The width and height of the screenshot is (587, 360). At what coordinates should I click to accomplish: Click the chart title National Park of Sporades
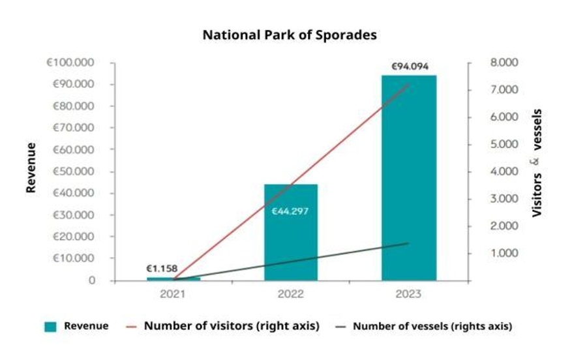coord(290,35)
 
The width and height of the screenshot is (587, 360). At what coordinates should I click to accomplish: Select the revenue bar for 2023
coord(408,176)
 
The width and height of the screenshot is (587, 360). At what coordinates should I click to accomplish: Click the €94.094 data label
coord(410,67)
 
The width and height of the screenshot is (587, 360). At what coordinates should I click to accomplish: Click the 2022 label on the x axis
coord(291,294)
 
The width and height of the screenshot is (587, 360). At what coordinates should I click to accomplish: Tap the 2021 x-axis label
coord(173,294)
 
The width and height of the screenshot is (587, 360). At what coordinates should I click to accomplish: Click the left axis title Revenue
coord(31,168)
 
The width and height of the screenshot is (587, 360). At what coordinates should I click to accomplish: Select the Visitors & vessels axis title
coord(537,163)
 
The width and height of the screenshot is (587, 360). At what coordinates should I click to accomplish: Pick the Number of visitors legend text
coord(232,326)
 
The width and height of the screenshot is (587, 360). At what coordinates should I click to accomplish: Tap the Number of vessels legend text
coord(432,326)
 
